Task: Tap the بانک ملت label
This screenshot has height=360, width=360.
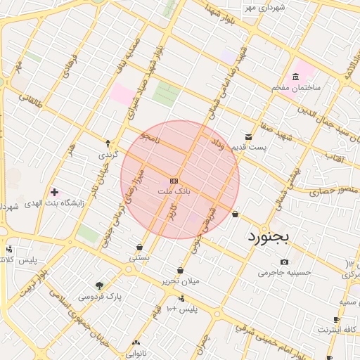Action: point(174,191)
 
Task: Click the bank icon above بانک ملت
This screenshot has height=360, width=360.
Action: point(174,181)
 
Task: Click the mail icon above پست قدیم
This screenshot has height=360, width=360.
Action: point(248,137)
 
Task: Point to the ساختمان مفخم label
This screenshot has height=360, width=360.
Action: point(297,87)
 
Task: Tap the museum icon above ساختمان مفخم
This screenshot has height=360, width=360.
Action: point(295,77)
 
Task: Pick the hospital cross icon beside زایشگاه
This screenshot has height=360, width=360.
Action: point(54,191)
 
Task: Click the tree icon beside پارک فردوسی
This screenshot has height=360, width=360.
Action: point(99,285)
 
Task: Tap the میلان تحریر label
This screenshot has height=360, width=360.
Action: point(180,281)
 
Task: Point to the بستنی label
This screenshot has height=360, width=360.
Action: point(139,258)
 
